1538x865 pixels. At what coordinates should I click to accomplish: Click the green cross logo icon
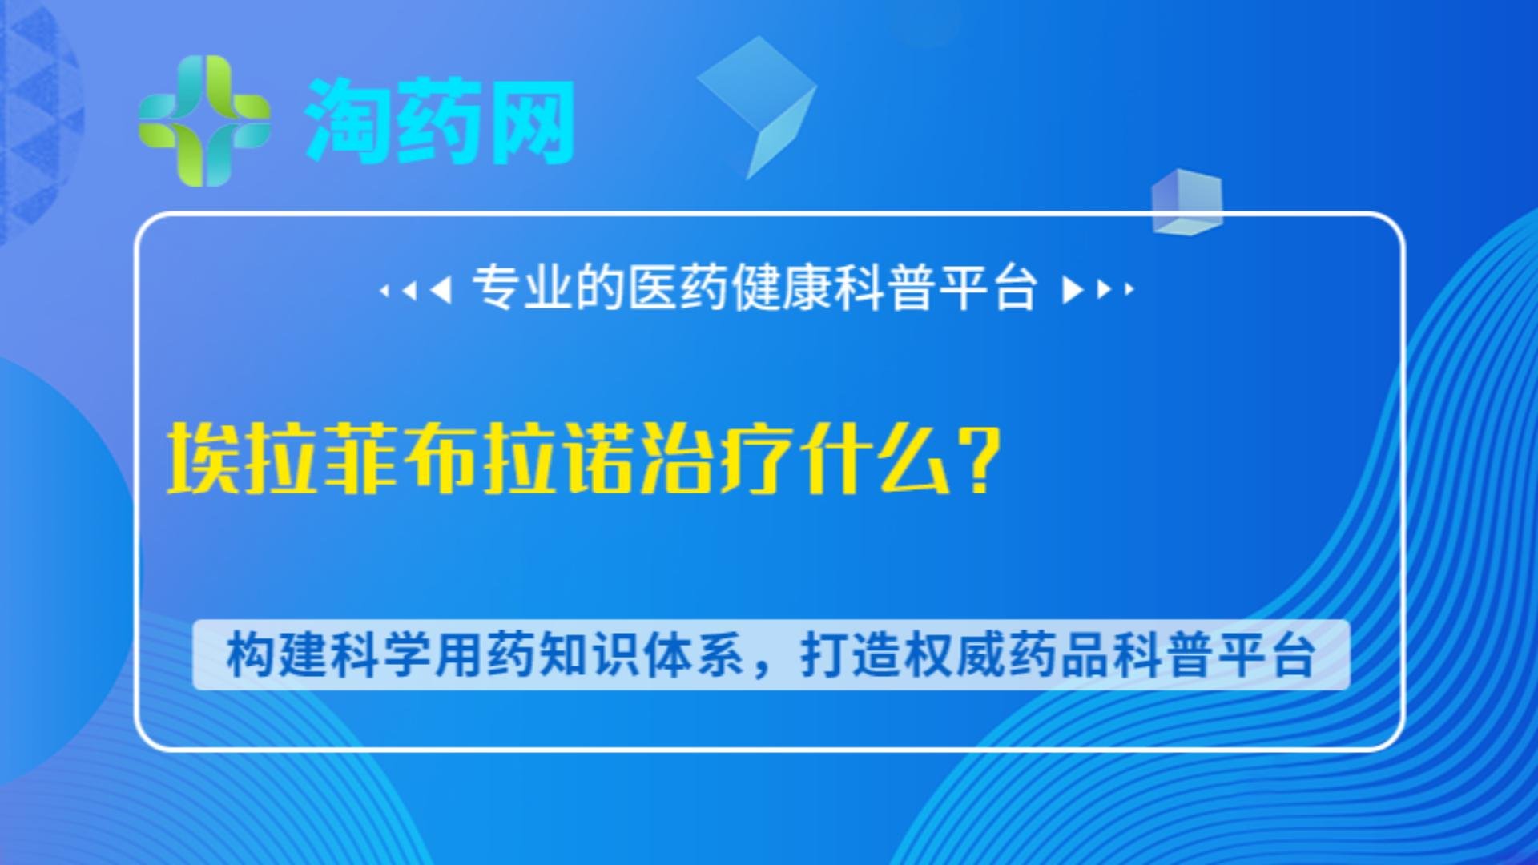pos(204,121)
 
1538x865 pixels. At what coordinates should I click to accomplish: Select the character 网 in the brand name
pos(532,122)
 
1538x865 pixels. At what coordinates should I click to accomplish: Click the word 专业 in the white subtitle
pos(523,288)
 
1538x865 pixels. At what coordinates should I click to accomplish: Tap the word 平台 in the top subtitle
pos(988,288)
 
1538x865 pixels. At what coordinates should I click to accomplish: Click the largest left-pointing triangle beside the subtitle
pos(441,289)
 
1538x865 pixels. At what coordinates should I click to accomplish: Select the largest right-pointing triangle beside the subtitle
pos(1073,289)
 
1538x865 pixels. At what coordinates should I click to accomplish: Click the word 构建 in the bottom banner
pos(276,655)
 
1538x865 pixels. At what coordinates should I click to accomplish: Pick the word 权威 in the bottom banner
pos(956,655)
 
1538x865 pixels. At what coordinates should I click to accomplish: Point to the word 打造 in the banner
pos(852,655)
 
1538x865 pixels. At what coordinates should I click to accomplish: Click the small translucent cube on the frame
pos(1187,202)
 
